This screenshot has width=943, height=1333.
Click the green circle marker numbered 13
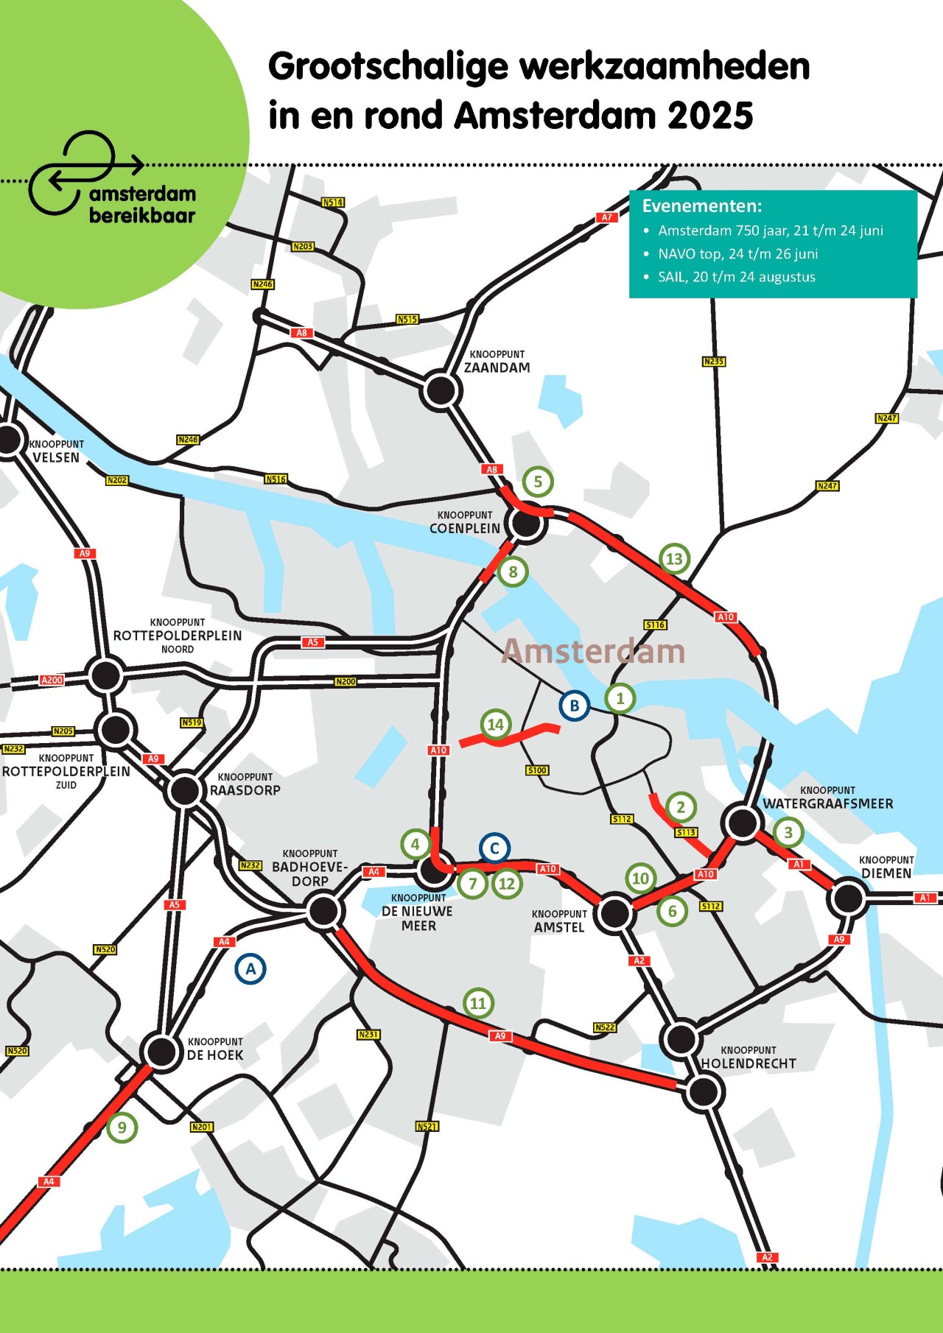pyautogui.click(x=674, y=559)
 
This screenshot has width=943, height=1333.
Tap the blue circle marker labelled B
pyautogui.click(x=574, y=706)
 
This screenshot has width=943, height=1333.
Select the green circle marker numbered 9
pyautogui.click(x=122, y=1127)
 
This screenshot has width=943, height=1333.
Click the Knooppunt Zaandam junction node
pyautogui.click(x=441, y=390)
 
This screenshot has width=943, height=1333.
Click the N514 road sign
pyautogui.click(x=333, y=203)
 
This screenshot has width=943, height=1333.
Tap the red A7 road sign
pyautogui.click(x=606, y=217)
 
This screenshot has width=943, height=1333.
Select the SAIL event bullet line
pyautogui.click(x=736, y=277)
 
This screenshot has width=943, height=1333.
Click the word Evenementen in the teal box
pyautogui.click(x=701, y=206)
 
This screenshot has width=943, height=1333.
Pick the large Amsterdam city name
pyautogui.click(x=594, y=651)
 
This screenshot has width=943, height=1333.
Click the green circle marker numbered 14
pyautogui.click(x=496, y=725)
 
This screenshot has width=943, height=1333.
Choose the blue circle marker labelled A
pyautogui.click(x=250, y=968)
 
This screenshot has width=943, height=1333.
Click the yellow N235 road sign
pyautogui.click(x=713, y=362)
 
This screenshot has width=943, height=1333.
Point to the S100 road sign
pyautogui.click(x=537, y=770)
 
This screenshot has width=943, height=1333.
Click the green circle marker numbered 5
pyautogui.click(x=538, y=482)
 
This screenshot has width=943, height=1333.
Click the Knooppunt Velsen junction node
pyautogui.click(x=9, y=440)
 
